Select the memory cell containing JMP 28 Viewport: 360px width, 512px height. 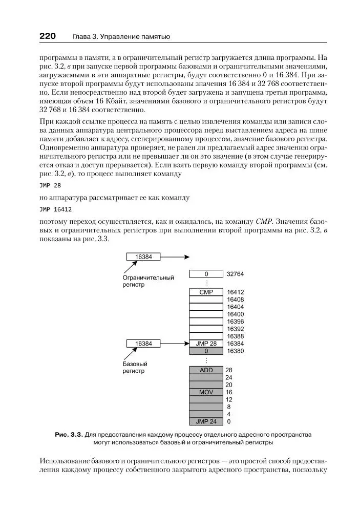[206, 343]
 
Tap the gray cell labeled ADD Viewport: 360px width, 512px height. [206, 370]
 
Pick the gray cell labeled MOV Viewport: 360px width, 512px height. [206, 392]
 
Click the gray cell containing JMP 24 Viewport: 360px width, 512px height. [206, 422]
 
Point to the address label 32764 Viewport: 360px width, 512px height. [236, 274]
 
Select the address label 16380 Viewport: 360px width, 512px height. [236, 351]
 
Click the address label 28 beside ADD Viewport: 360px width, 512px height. [229, 370]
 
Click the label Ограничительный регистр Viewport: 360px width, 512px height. [148, 281]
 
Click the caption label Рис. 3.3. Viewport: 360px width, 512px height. [69, 435]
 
